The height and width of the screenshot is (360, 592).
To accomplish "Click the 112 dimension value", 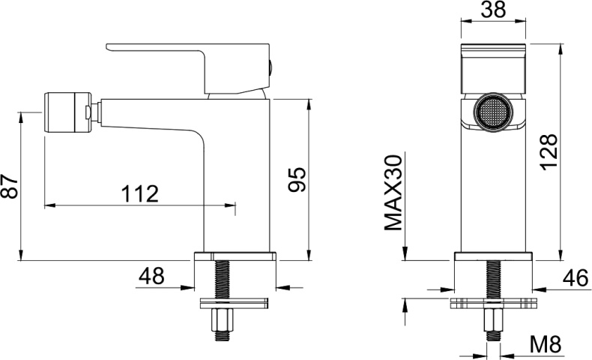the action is [139, 193].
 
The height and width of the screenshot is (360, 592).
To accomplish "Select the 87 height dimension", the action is [10, 187].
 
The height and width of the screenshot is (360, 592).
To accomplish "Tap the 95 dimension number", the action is [297, 179].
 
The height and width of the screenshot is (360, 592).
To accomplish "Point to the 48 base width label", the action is [151, 276].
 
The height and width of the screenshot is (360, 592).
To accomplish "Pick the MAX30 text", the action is [393, 193].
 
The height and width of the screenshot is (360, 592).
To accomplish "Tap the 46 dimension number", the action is [576, 278].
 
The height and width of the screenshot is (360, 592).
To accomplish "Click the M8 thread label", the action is [546, 344].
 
